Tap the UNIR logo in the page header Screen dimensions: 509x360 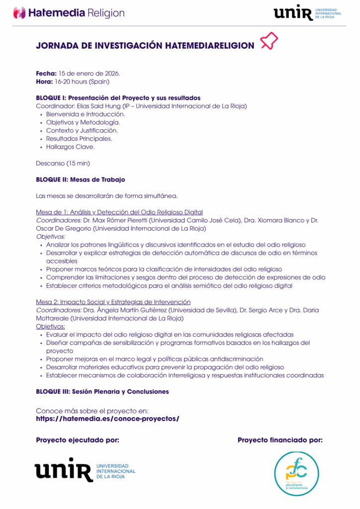[307, 13]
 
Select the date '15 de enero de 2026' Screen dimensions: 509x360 [90, 74]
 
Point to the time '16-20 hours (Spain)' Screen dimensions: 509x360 [82, 82]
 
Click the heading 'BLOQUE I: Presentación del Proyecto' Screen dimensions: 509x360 [118, 98]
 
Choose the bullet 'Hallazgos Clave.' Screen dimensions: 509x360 [70, 147]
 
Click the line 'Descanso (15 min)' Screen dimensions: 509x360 [63, 163]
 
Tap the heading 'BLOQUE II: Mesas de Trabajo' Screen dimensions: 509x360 [81, 179]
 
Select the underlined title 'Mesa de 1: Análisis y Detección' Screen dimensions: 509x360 [119, 212]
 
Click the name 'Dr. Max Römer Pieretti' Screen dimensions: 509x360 [120, 220]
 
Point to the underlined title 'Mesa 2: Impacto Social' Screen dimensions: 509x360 [113, 302]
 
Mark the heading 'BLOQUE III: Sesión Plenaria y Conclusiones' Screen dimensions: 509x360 [102, 392]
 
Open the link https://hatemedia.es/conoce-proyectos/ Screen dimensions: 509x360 [107, 419]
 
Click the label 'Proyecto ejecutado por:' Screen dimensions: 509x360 [78, 440]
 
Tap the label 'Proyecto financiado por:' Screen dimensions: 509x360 [280, 440]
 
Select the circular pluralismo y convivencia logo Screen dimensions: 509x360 [297, 473]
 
